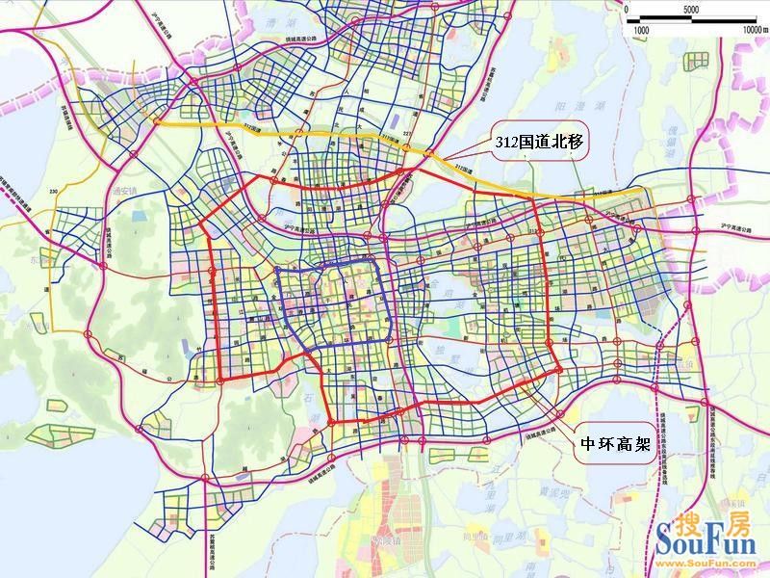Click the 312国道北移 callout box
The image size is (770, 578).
click(x=539, y=141)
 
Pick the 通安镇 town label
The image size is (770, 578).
click(x=124, y=191)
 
